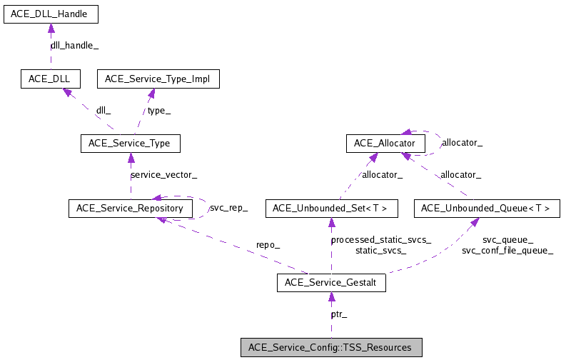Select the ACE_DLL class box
click(x=50, y=79)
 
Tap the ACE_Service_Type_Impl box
click(x=158, y=79)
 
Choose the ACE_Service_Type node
click(x=129, y=143)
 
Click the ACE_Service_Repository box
click(x=130, y=209)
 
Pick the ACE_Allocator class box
click(x=385, y=144)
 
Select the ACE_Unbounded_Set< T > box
click(x=330, y=209)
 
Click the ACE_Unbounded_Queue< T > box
click(x=486, y=209)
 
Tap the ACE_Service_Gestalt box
click(x=330, y=283)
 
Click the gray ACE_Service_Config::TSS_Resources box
click(x=330, y=348)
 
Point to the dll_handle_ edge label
click(x=74, y=45)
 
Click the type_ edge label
click(x=158, y=111)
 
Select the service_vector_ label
click(x=163, y=175)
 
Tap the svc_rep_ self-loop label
click(x=228, y=208)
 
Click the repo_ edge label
click(x=268, y=245)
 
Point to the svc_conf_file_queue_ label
click(x=507, y=251)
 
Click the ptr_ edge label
click(x=339, y=314)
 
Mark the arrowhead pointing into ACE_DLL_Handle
click(x=50, y=28)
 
